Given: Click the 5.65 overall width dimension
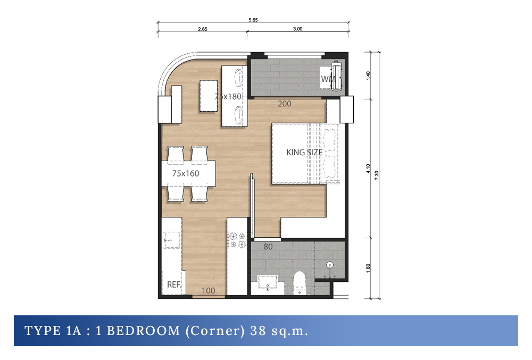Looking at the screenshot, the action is [x=253, y=20].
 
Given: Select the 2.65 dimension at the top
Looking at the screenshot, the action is [x=203, y=29].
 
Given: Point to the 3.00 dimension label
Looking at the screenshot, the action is [x=297, y=29].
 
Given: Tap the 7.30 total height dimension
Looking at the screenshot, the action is [x=377, y=175].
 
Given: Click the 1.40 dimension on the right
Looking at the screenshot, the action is [x=368, y=76].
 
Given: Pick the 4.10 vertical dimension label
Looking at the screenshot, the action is [x=368, y=169].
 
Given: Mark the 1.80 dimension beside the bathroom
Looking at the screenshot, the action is [x=368, y=268].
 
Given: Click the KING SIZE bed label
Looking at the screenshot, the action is [x=304, y=153].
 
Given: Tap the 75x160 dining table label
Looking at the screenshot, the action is [x=186, y=173].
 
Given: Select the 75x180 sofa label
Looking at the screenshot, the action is [x=228, y=97].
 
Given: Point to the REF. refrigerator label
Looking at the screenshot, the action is [x=174, y=284].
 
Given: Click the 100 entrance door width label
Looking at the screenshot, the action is [x=209, y=290].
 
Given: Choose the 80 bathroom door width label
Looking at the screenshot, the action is [x=268, y=247].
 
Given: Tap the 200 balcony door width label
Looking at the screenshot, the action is [x=284, y=104].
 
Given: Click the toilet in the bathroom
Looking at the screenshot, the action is [x=300, y=282].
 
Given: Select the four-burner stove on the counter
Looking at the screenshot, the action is [x=237, y=240].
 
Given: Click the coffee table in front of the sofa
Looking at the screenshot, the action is [x=209, y=96].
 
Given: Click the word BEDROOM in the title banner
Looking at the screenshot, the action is [x=143, y=331].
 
